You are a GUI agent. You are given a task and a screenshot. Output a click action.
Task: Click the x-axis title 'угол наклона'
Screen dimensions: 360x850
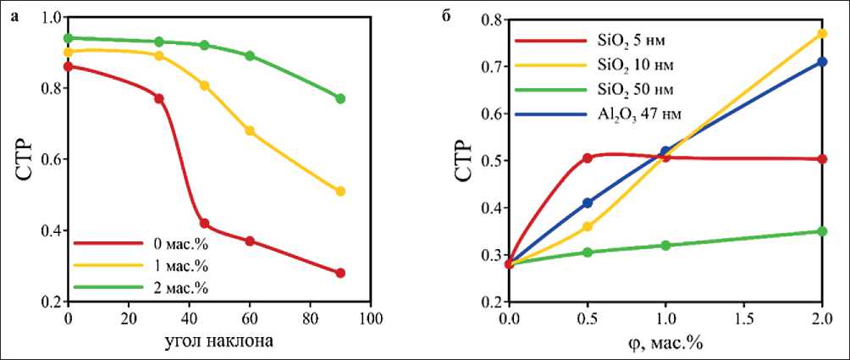[x=218, y=342]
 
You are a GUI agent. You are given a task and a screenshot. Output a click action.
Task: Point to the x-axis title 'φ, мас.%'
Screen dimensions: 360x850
[x=666, y=343]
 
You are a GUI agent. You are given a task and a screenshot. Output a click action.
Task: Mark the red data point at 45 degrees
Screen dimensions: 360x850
[x=204, y=224]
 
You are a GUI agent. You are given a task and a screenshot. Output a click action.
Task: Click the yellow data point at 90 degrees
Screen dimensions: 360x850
[x=340, y=191]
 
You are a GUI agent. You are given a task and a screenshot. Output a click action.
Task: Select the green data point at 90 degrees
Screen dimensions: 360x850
[x=340, y=98]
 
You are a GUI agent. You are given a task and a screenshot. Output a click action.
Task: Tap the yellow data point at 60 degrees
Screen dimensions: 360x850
[x=250, y=130]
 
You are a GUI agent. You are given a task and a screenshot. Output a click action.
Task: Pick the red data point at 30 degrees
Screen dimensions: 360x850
[x=158, y=98]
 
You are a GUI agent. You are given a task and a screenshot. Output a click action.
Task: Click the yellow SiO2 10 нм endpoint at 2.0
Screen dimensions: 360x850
[x=822, y=33]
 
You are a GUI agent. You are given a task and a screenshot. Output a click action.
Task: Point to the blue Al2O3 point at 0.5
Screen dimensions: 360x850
[x=588, y=203]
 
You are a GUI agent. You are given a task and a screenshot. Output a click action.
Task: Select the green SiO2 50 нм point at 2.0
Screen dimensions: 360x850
[x=822, y=231]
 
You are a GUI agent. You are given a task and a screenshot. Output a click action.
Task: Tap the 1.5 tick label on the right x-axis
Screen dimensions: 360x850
[x=743, y=318]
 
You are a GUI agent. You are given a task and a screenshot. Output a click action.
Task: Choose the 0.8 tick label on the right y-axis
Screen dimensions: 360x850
[x=490, y=19]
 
